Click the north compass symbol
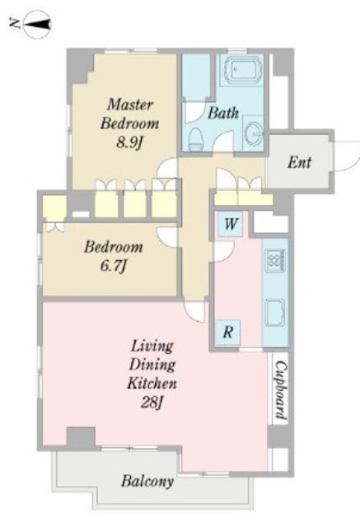(37, 24)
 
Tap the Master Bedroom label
(129, 114)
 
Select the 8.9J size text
(129, 143)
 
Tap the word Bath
(223, 113)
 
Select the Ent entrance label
(300, 163)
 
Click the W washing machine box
(231, 223)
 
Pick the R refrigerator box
(228, 333)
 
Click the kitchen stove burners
(275, 260)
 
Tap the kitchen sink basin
(275, 313)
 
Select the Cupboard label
(280, 389)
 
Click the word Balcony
(147, 481)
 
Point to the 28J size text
(152, 402)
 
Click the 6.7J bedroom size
(114, 267)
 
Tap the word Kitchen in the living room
(152, 383)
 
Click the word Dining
(152, 365)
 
